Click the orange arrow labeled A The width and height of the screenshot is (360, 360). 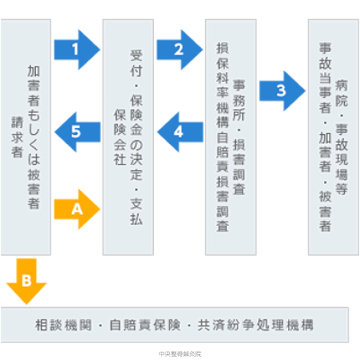tap(77, 207)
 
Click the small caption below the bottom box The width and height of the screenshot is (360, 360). tap(179, 353)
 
